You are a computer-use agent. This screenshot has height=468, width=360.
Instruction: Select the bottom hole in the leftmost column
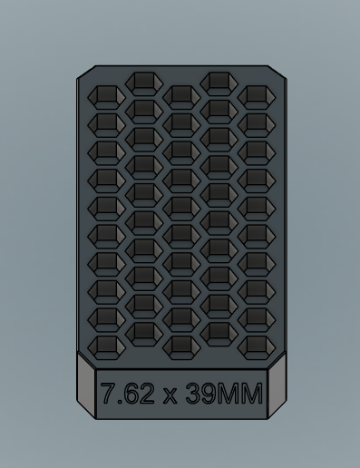click(x=107, y=346)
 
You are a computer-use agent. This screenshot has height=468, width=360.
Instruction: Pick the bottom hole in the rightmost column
click(x=256, y=346)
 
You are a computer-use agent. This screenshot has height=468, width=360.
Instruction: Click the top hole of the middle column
click(x=181, y=95)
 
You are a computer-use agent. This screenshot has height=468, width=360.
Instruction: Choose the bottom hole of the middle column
click(x=181, y=346)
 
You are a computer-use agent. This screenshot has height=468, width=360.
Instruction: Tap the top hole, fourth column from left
click(x=219, y=83)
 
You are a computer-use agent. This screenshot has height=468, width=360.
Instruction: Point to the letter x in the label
click(x=168, y=396)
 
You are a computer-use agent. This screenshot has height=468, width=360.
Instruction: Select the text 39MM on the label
click(x=223, y=395)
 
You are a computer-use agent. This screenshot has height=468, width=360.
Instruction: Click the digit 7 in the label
click(x=107, y=395)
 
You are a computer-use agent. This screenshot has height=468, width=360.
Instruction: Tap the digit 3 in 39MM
click(x=192, y=395)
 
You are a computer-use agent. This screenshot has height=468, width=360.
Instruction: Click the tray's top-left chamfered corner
click(x=84, y=73)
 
